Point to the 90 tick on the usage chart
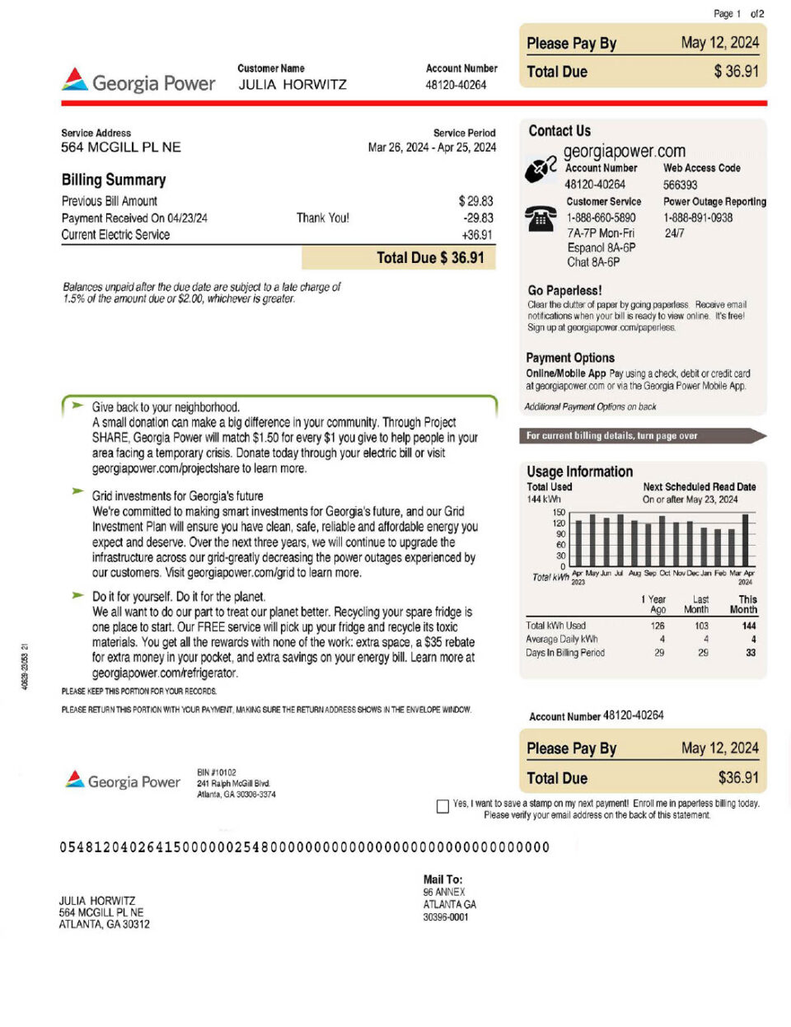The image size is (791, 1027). tap(560, 534)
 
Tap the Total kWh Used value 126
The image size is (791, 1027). tap(658, 626)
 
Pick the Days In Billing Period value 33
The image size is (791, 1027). tap(750, 653)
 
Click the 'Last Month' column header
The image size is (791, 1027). tap(697, 604)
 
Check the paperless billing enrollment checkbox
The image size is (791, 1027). tap(442, 806)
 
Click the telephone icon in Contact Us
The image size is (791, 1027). tap(540, 218)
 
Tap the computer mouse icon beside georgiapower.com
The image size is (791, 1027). tap(541, 169)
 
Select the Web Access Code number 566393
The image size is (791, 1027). tap(680, 185)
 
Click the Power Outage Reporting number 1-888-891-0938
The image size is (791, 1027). tap(698, 218)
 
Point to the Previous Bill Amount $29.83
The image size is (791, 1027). tap(475, 201)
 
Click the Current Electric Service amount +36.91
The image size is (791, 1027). tap(477, 235)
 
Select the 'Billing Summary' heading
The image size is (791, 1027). tap(114, 180)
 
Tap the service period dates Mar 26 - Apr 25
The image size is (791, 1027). tap(432, 148)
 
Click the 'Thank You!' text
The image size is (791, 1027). tap(323, 218)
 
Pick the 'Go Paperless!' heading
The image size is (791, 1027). tap(564, 290)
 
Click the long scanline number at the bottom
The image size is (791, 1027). tap(304, 847)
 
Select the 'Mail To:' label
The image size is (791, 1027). tap(443, 879)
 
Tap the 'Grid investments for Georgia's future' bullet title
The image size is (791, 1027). tap(178, 496)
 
